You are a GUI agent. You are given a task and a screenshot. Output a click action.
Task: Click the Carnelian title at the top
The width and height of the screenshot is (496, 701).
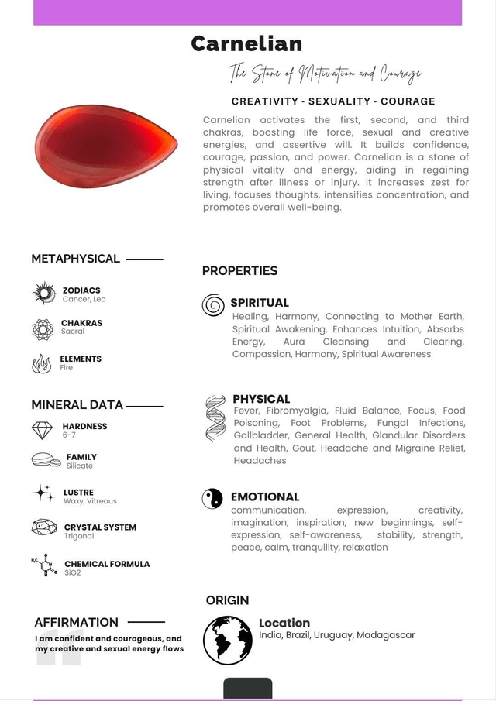coord(246,43)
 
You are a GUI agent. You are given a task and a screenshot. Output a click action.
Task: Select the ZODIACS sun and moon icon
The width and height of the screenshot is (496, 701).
coord(43,294)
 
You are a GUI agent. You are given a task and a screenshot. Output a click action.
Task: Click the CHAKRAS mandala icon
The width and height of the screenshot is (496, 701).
coord(43,329)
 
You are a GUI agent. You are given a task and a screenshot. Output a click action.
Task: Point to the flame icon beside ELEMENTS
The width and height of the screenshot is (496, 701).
coord(42,363)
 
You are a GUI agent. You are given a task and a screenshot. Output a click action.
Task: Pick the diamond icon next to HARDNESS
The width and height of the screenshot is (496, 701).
coord(43,430)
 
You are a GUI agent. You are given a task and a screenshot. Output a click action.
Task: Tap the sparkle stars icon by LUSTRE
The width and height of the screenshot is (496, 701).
coord(43,493)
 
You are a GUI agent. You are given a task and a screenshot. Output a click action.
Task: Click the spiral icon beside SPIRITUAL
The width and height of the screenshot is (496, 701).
coord(213,305)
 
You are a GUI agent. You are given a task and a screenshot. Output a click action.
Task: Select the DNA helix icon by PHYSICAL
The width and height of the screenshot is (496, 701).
coord(215,418)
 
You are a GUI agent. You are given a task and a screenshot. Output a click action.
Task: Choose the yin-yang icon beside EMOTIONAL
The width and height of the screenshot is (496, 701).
coord(212,498)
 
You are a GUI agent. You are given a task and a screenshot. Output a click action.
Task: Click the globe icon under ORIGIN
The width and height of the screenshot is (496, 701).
coord(227,640)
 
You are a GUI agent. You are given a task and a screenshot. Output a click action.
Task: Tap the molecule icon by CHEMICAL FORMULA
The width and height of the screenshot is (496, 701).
coord(43,565)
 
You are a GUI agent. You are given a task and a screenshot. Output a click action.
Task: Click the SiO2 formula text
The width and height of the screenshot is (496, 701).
coord(73,573)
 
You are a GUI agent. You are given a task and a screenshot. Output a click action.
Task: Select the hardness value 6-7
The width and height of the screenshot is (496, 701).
coord(70,435)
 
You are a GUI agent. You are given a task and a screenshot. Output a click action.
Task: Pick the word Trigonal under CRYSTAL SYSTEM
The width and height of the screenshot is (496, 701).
coord(79,536)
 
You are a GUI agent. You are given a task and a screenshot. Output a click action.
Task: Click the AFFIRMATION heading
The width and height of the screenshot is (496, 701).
coord(76,622)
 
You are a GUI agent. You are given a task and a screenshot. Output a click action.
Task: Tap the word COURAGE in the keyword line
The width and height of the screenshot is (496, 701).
coord(408,101)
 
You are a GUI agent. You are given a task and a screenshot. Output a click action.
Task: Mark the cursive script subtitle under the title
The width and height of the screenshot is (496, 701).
coord(325,74)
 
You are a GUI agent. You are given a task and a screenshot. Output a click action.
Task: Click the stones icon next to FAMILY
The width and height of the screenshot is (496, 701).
coord(46,461)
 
